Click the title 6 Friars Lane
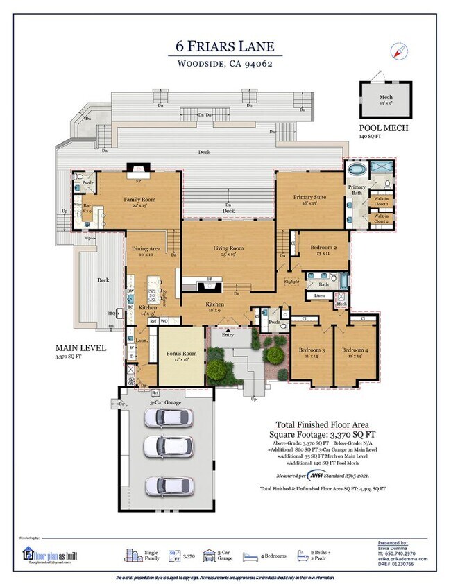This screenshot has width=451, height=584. pyautogui.click(x=225, y=47)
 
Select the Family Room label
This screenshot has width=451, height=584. pyautogui.click(x=139, y=200)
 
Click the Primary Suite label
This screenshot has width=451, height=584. pyautogui.click(x=310, y=197)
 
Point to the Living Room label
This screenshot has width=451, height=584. pyautogui.click(x=228, y=248)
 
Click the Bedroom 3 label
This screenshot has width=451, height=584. pyautogui.click(x=312, y=351)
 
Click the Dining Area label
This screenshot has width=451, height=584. pyautogui.click(x=146, y=248)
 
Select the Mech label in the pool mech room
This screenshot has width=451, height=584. pyautogui.click(x=386, y=98)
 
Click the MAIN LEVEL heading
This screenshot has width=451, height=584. pyautogui.click(x=80, y=348)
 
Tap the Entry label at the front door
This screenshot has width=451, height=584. pyautogui.click(x=228, y=335)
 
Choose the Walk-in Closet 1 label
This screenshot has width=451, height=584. pyautogui.click(x=381, y=200)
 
